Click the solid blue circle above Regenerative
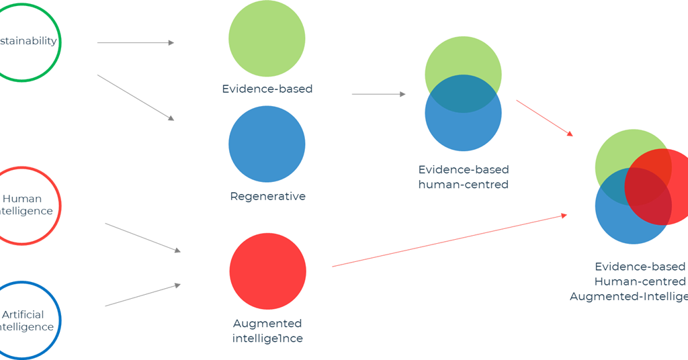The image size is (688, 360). [x=267, y=144]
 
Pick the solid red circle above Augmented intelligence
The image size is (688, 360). [x=267, y=271]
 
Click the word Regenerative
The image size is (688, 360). [x=267, y=197]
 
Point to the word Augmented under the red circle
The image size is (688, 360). [x=267, y=324]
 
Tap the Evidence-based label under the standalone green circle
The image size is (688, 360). [x=267, y=89]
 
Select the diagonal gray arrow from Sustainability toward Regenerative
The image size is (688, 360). [x=136, y=98]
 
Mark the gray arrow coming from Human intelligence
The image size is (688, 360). [x=142, y=238]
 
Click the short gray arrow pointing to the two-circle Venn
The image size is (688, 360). [x=378, y=94]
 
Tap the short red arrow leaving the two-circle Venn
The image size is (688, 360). [x=544, y=118]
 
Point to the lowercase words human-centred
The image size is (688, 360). [x=463, y=185]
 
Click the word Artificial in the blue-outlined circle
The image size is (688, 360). [x=23, y=314]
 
